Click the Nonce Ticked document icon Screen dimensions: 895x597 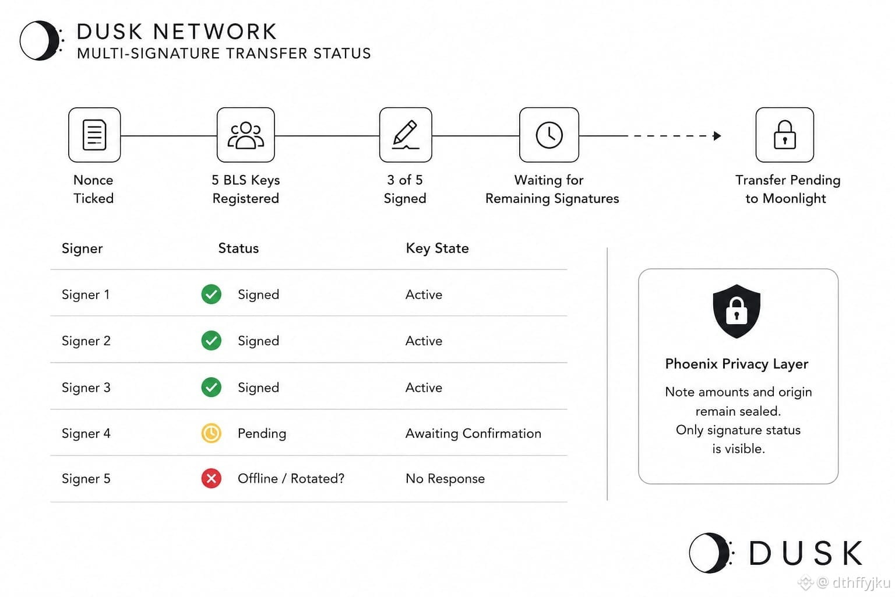(x=94, y=135)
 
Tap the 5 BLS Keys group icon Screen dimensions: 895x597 (x=246, y=135)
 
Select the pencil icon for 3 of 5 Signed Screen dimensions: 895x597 (x=406, y=134)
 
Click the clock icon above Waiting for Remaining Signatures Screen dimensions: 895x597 (x=549, y=135)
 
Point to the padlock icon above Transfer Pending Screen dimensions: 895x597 (x=785, y=134)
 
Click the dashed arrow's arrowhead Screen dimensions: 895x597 (x=717, y=136)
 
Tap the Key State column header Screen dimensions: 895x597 (x=437, y=248)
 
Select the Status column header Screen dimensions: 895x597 (x=238, y=248)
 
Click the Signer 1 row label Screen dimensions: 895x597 (x=86, y=294)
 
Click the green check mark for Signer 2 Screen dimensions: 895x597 (x=212, y=340)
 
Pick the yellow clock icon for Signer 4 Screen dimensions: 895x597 (x=212, y=433)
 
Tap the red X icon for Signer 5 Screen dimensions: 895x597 (x=212, y=478)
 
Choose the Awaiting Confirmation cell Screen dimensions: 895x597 (x=474, y=433)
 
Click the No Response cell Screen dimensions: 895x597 (x=445, y=479)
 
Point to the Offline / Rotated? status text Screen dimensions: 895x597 (x=291, y=479)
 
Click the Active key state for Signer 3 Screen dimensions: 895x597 (x=424, y=388)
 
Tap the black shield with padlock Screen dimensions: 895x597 (x=737, y=311)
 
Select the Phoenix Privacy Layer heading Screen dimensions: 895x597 (x=737, y=364)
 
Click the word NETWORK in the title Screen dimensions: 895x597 (x=215, y=31)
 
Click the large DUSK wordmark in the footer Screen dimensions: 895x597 (x=805, y=553)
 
